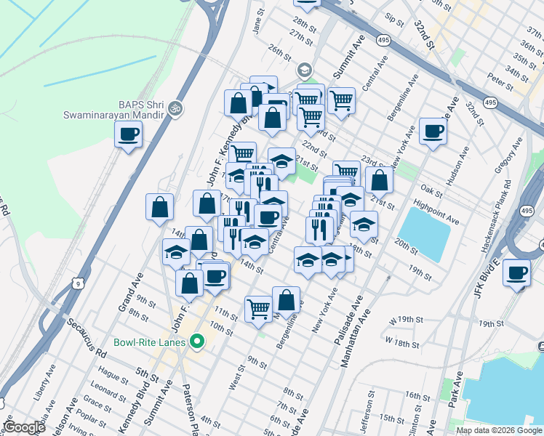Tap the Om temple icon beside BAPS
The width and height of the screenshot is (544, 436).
tap(174, 109)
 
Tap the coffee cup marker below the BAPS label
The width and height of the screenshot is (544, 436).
tap(128, 134)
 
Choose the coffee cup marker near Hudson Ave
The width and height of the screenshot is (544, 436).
tap(433, 132)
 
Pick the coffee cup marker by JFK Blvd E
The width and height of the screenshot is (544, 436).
tap(516, 273)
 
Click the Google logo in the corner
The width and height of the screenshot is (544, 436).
tap(24, 428)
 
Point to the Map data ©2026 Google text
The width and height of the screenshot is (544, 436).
tap(499, 430)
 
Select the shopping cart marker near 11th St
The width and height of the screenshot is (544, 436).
tap(258, 309)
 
